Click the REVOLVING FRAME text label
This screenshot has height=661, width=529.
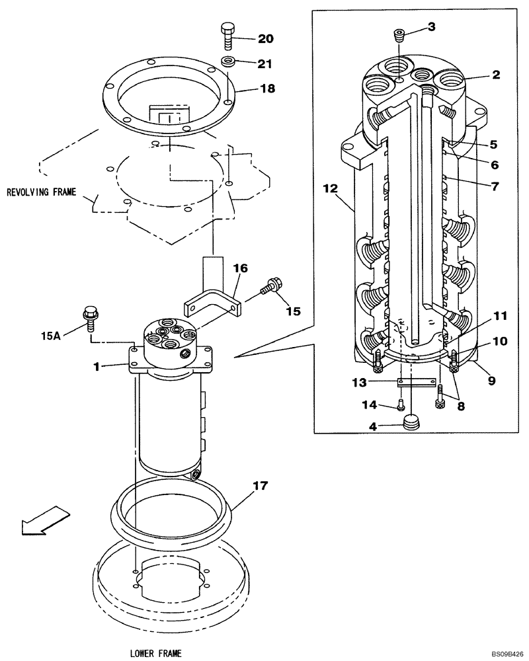click(x=41, y=193)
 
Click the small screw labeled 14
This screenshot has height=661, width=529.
click(x=401, y=404)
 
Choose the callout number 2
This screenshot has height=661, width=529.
click(x=495, y=75)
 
